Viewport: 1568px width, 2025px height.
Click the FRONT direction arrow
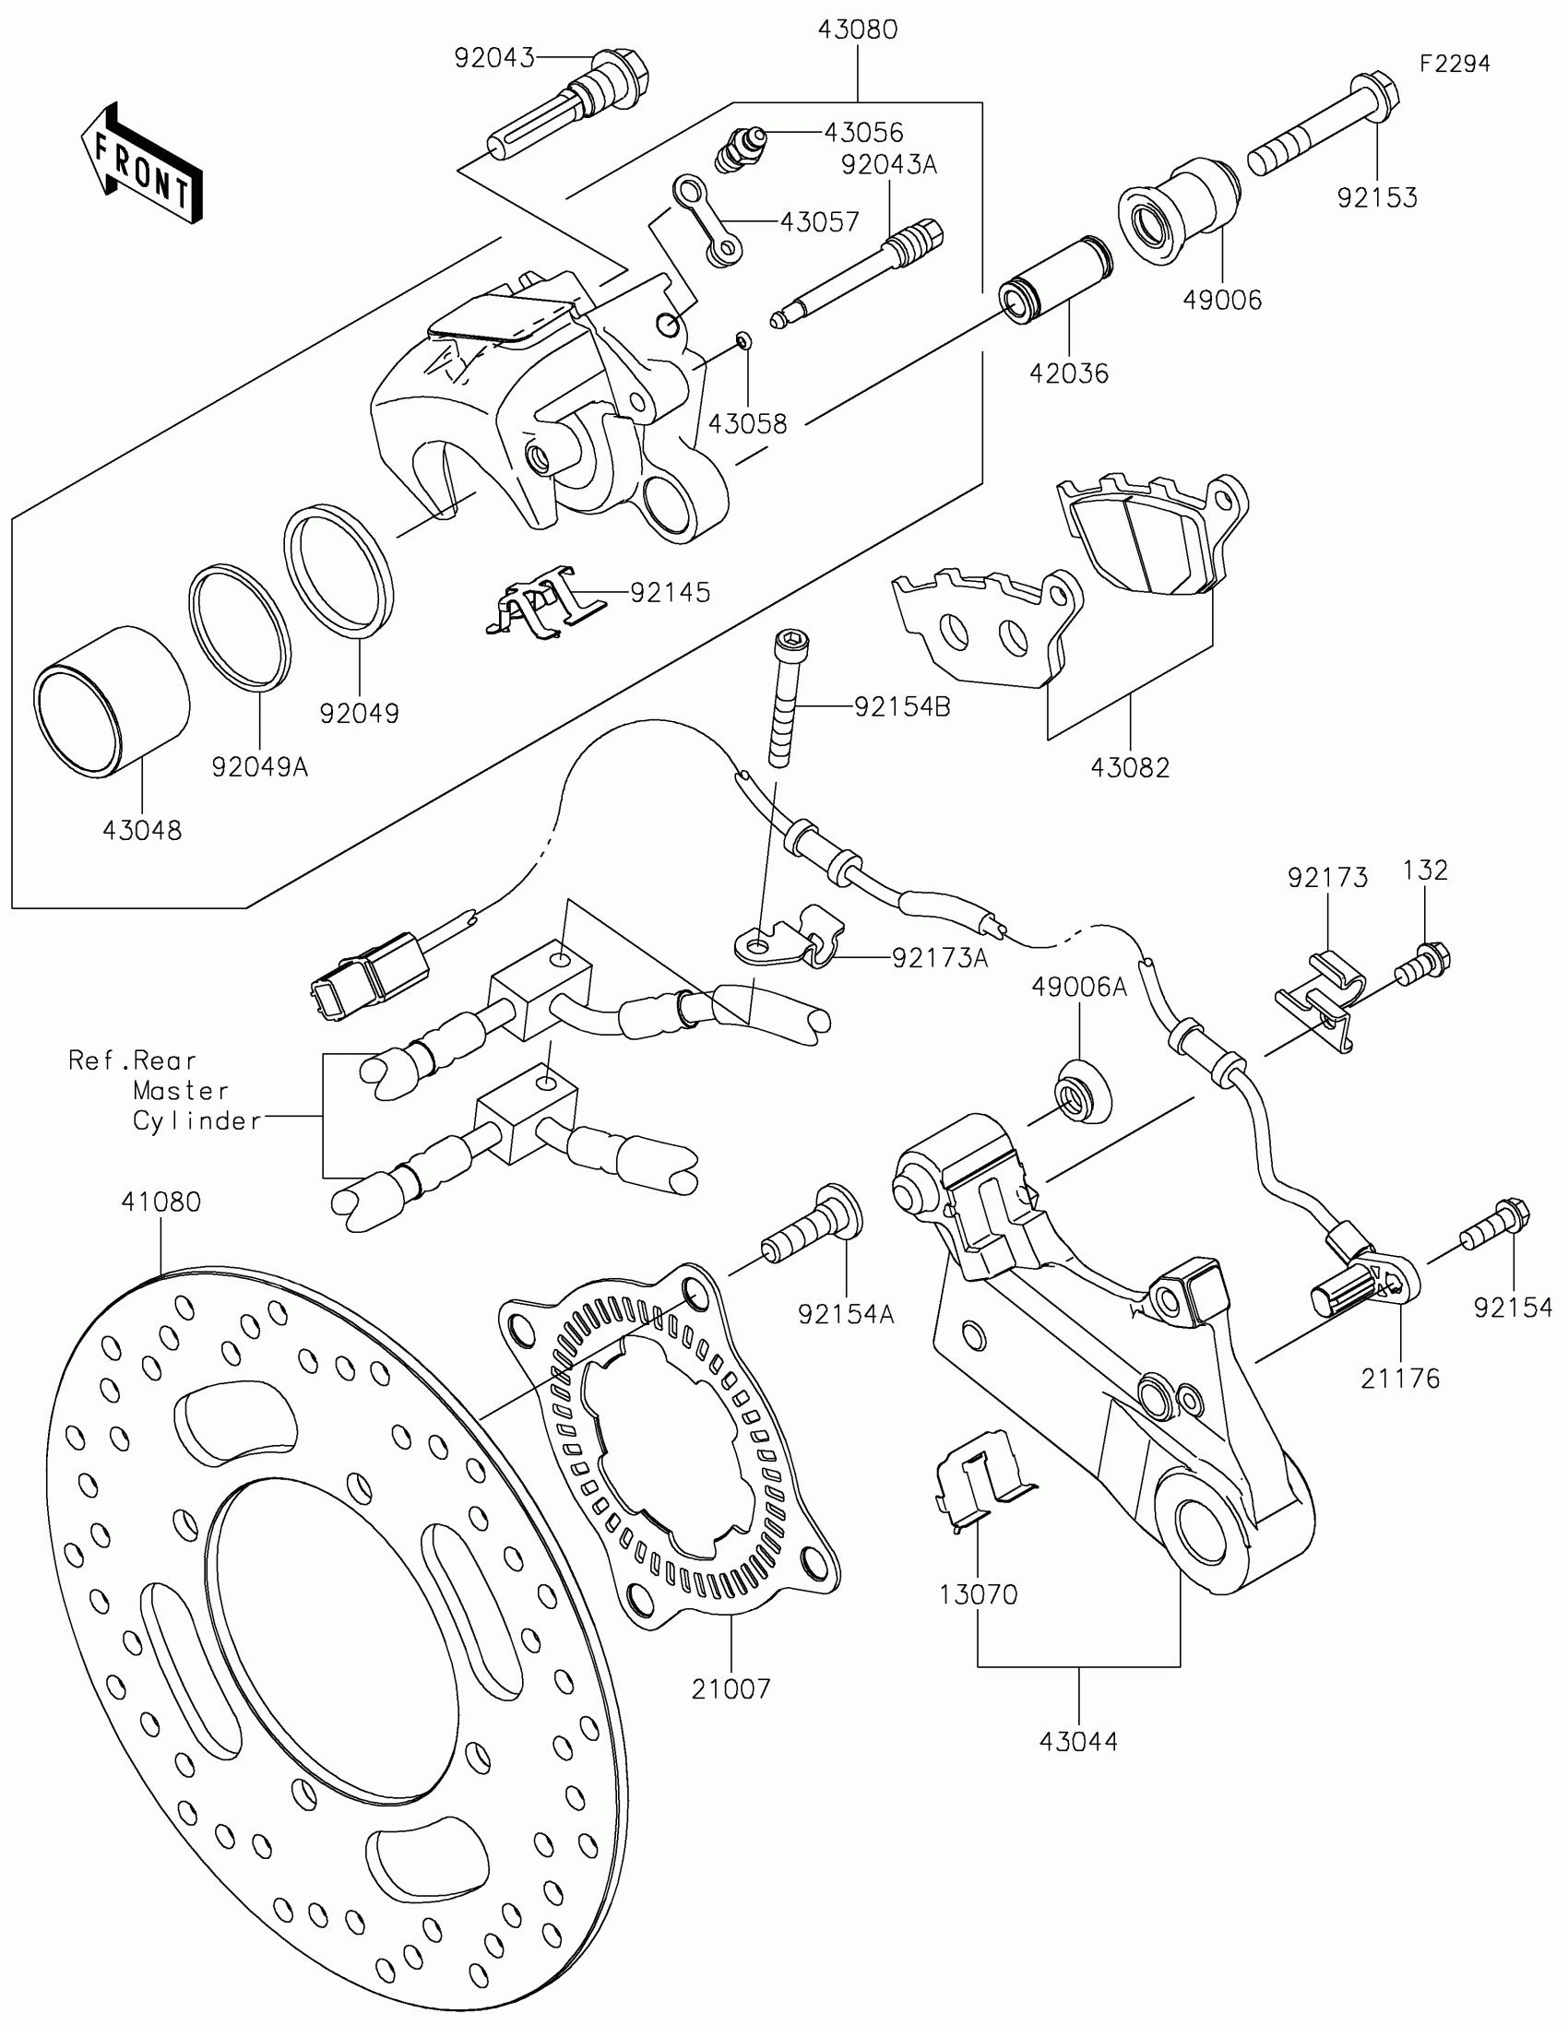142,164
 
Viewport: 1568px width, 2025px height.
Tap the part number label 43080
857,30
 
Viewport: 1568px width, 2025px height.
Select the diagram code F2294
1454,64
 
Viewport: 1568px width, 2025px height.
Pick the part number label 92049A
259,767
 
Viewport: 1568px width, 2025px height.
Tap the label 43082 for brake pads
1129,768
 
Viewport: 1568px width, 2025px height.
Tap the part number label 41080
160,1202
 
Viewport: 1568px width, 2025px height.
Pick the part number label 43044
1078,1741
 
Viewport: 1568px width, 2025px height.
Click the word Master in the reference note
180,1090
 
